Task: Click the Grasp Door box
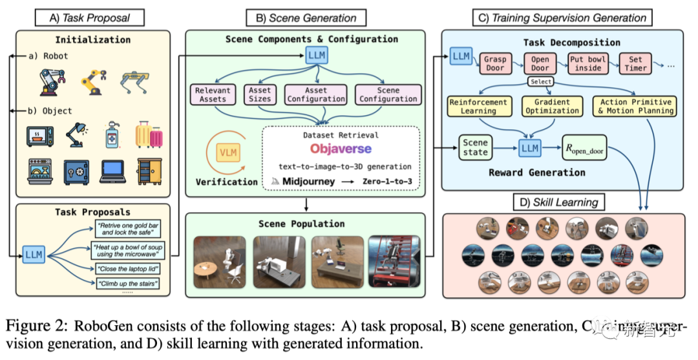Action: pos(496,63)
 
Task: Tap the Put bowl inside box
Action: pos(587,63)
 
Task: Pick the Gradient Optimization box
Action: pos(553,107)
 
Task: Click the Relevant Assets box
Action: pos(213,94)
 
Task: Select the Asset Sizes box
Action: pos(260,94)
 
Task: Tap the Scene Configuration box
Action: pos(388,94)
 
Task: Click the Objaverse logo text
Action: pos(341,149)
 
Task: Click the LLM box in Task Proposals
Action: pos(34,254)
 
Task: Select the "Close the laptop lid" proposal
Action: pos(128,268)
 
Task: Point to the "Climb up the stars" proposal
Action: pos(128,283)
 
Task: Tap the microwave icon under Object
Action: pos(39,136)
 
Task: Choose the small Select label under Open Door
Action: pos(540,82)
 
